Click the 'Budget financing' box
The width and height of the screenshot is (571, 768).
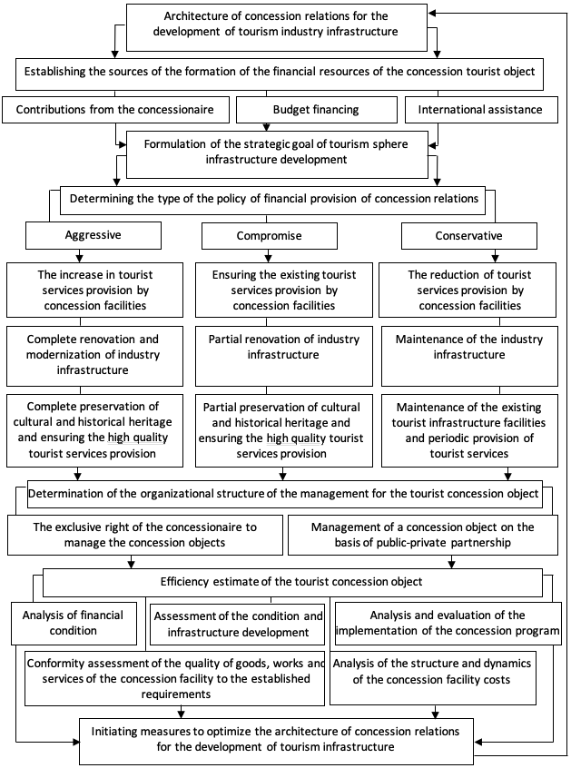click(x=316, y=109)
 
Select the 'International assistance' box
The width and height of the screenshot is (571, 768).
click(x=481, y=109)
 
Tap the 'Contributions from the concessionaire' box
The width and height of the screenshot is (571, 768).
click(x=115, y=109)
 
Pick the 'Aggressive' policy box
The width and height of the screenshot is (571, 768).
click(x=93, y=236)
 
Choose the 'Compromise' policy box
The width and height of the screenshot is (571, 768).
click(x=270, y=236)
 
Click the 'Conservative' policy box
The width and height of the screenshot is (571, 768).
click(x=469, y=236)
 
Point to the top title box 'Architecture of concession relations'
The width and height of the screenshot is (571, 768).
click(x=277, y=27)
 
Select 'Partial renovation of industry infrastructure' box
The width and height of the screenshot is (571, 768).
click(x=284, y=356)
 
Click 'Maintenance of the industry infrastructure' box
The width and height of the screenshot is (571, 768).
click(x=469, y=356)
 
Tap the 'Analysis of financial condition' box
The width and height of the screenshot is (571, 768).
click(x=74, y=623)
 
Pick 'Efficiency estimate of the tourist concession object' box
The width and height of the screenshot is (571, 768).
click(x=293, y=583)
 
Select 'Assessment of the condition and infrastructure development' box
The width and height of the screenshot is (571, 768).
click(x=238, y=624)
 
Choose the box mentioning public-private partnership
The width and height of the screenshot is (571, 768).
click(x=423, y=535)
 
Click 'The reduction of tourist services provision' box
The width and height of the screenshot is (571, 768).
click(x=468, y=290)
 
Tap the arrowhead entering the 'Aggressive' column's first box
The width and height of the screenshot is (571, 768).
click(x=80, y=258)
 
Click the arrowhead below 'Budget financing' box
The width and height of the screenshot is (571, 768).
click(x=266, y=127)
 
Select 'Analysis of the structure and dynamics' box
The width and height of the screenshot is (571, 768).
click(x=433, y=678)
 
